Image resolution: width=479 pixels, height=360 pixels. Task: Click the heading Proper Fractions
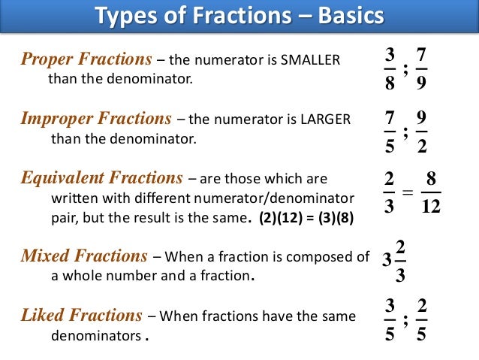click(85, 59)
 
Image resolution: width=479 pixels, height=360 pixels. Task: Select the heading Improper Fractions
click(95, 118)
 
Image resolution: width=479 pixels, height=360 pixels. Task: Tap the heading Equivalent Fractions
click(102, 178)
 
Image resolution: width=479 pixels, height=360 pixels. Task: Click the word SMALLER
click(310, 61)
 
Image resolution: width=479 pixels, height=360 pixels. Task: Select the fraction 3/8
click(388, 69)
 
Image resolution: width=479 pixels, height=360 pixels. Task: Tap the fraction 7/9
click(420, 69)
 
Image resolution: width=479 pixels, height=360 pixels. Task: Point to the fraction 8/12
click(431, 192)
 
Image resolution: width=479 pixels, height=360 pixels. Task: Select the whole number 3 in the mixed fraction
click(386, 260)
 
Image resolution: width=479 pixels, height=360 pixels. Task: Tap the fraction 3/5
click(388, 319)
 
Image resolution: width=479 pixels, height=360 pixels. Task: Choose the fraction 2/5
click(420, 319)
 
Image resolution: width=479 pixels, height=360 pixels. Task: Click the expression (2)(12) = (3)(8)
click(306, 219)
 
